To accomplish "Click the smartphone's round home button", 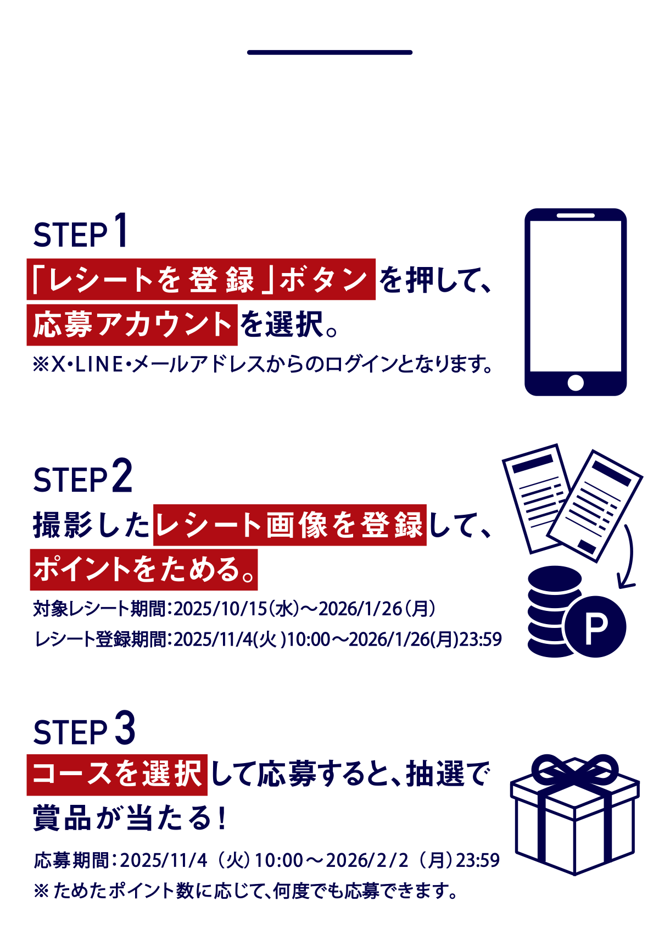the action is (x=576, y=383).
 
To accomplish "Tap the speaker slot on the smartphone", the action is (x=576, y=216).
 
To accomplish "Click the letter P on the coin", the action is (x=596, y=629).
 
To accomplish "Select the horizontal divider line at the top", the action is (x=329, y=52).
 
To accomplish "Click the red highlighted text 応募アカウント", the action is (x=132, y=325).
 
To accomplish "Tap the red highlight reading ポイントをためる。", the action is (x=144, y=569).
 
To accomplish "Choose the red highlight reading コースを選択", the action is (x=118, y=775).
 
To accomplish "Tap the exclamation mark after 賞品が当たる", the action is (x=222, y=819).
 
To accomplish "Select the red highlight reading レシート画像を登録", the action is (x=290, y=525).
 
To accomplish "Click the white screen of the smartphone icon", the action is (x=576, y=296).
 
